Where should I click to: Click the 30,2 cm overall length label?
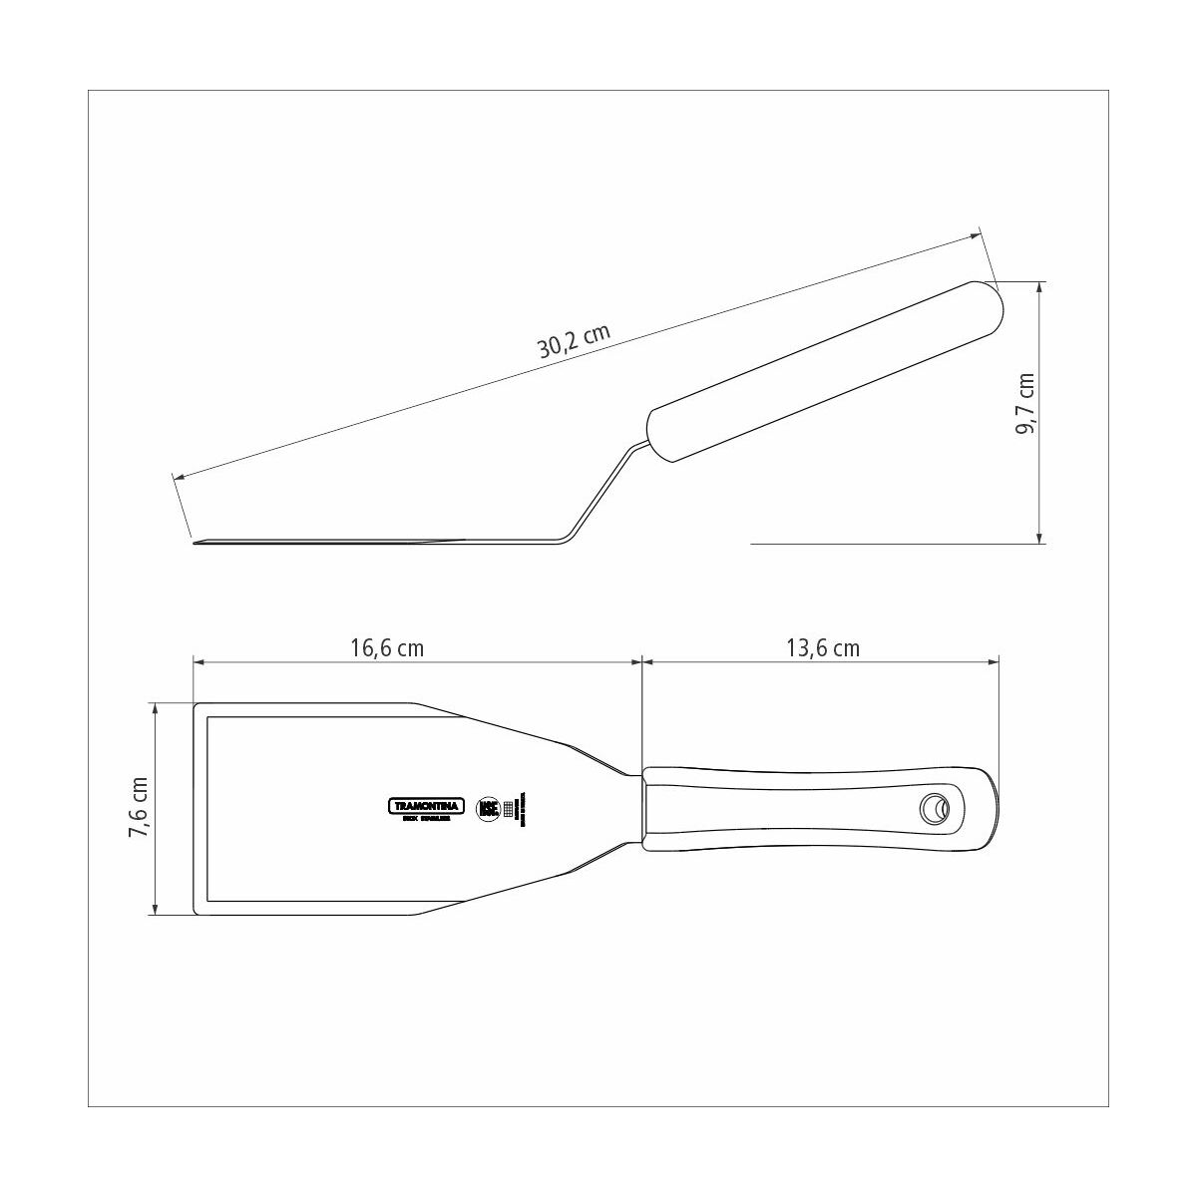pos(574,341)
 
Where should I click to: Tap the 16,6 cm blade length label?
pos(387,648)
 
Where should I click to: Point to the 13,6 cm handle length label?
pos(823,648)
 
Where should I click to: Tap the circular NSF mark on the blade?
pos(489,809)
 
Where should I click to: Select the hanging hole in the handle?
pos(935,808)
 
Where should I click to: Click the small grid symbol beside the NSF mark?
pos(509,810)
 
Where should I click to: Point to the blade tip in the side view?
pos(198,543)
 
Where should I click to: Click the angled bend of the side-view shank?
pos(566,539)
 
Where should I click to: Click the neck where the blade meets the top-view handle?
pos(636,809)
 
